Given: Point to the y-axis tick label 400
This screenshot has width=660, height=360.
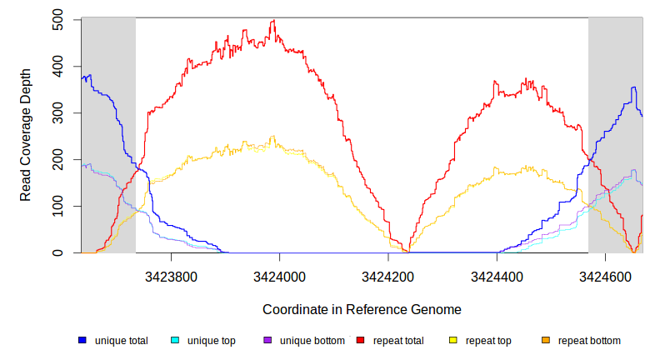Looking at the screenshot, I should (57, 67).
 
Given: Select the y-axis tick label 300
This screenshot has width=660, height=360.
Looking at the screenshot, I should (57, 113).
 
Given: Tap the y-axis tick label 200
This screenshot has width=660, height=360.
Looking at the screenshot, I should (57, 160).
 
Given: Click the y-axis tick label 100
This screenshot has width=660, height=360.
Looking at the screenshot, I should (57, 207).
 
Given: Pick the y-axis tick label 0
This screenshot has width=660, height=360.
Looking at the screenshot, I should (57, 252).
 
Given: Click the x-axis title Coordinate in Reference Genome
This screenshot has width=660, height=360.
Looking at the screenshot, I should (362, 309).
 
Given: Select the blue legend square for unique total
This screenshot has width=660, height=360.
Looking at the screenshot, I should (82, 341).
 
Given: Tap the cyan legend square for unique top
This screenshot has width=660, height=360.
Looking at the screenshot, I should (175, 341).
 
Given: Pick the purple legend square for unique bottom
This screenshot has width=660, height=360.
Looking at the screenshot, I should (267, 341).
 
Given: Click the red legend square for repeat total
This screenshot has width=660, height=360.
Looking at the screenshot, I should (361, 341).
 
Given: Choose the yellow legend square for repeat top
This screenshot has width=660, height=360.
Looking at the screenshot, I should (453, 341).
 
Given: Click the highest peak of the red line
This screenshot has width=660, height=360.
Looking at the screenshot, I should (273, 21).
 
